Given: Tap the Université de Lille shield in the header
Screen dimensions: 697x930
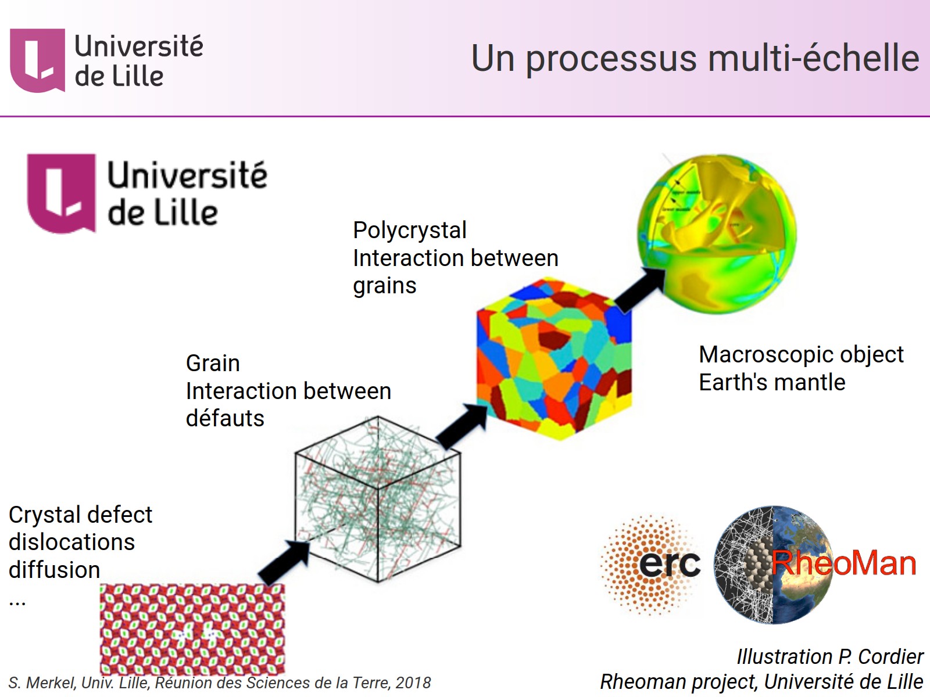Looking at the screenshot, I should click(37, 60).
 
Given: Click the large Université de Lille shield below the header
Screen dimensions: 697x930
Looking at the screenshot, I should click(61, 193).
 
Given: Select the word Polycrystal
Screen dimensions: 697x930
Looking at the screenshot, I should click(409, 231).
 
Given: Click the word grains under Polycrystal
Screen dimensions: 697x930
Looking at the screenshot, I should click(384, 286).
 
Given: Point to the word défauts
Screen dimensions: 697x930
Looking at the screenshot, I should click(225, 418).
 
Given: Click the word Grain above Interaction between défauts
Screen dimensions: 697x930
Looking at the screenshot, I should click(213, 364).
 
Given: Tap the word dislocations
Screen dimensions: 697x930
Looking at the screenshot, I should click(71, 542).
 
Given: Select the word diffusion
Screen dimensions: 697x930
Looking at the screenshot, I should click(54, 570).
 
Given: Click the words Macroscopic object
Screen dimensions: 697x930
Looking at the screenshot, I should click(801, 354).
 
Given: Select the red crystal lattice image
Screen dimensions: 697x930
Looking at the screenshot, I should click(192, 628).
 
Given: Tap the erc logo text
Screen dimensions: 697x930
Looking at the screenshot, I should click(669, 563).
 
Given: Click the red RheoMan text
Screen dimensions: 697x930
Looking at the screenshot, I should click(843, 563).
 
